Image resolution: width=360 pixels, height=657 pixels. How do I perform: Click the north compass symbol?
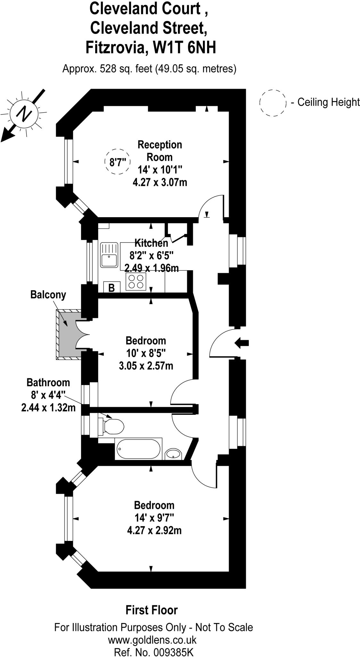tap(24, 114)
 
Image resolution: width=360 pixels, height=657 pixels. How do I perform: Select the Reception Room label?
tap(160, 151)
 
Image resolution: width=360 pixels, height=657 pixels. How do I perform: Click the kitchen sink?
tap(109, 255)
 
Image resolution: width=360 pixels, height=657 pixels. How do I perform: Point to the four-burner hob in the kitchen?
tap(136, 281)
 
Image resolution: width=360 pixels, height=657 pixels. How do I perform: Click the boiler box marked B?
tap(112, 287)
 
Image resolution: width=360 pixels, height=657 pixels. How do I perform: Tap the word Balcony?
tap(48, 294)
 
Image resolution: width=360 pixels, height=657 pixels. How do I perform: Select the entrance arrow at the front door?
tap(242, 343)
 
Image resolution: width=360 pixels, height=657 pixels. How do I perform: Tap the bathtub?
tap(138, 449)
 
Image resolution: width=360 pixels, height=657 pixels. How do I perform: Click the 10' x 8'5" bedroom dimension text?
tap(146, 353)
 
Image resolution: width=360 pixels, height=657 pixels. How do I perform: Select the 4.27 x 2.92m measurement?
tap(154, 530)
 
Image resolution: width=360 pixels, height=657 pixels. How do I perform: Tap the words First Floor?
tap(151, 610)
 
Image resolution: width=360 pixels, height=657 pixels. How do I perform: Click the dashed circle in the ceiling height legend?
tap(272, 103)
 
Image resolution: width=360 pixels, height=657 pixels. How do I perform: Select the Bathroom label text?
tap(48, 382)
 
